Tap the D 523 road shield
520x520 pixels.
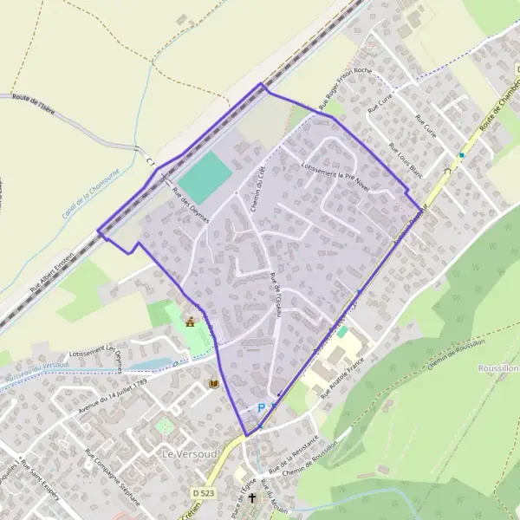204,493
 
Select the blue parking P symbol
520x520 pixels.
261,407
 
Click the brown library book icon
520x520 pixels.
213,384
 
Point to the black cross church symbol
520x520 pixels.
252,499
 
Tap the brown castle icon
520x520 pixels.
190,322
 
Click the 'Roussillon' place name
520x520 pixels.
497,367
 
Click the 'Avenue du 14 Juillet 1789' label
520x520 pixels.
112,395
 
